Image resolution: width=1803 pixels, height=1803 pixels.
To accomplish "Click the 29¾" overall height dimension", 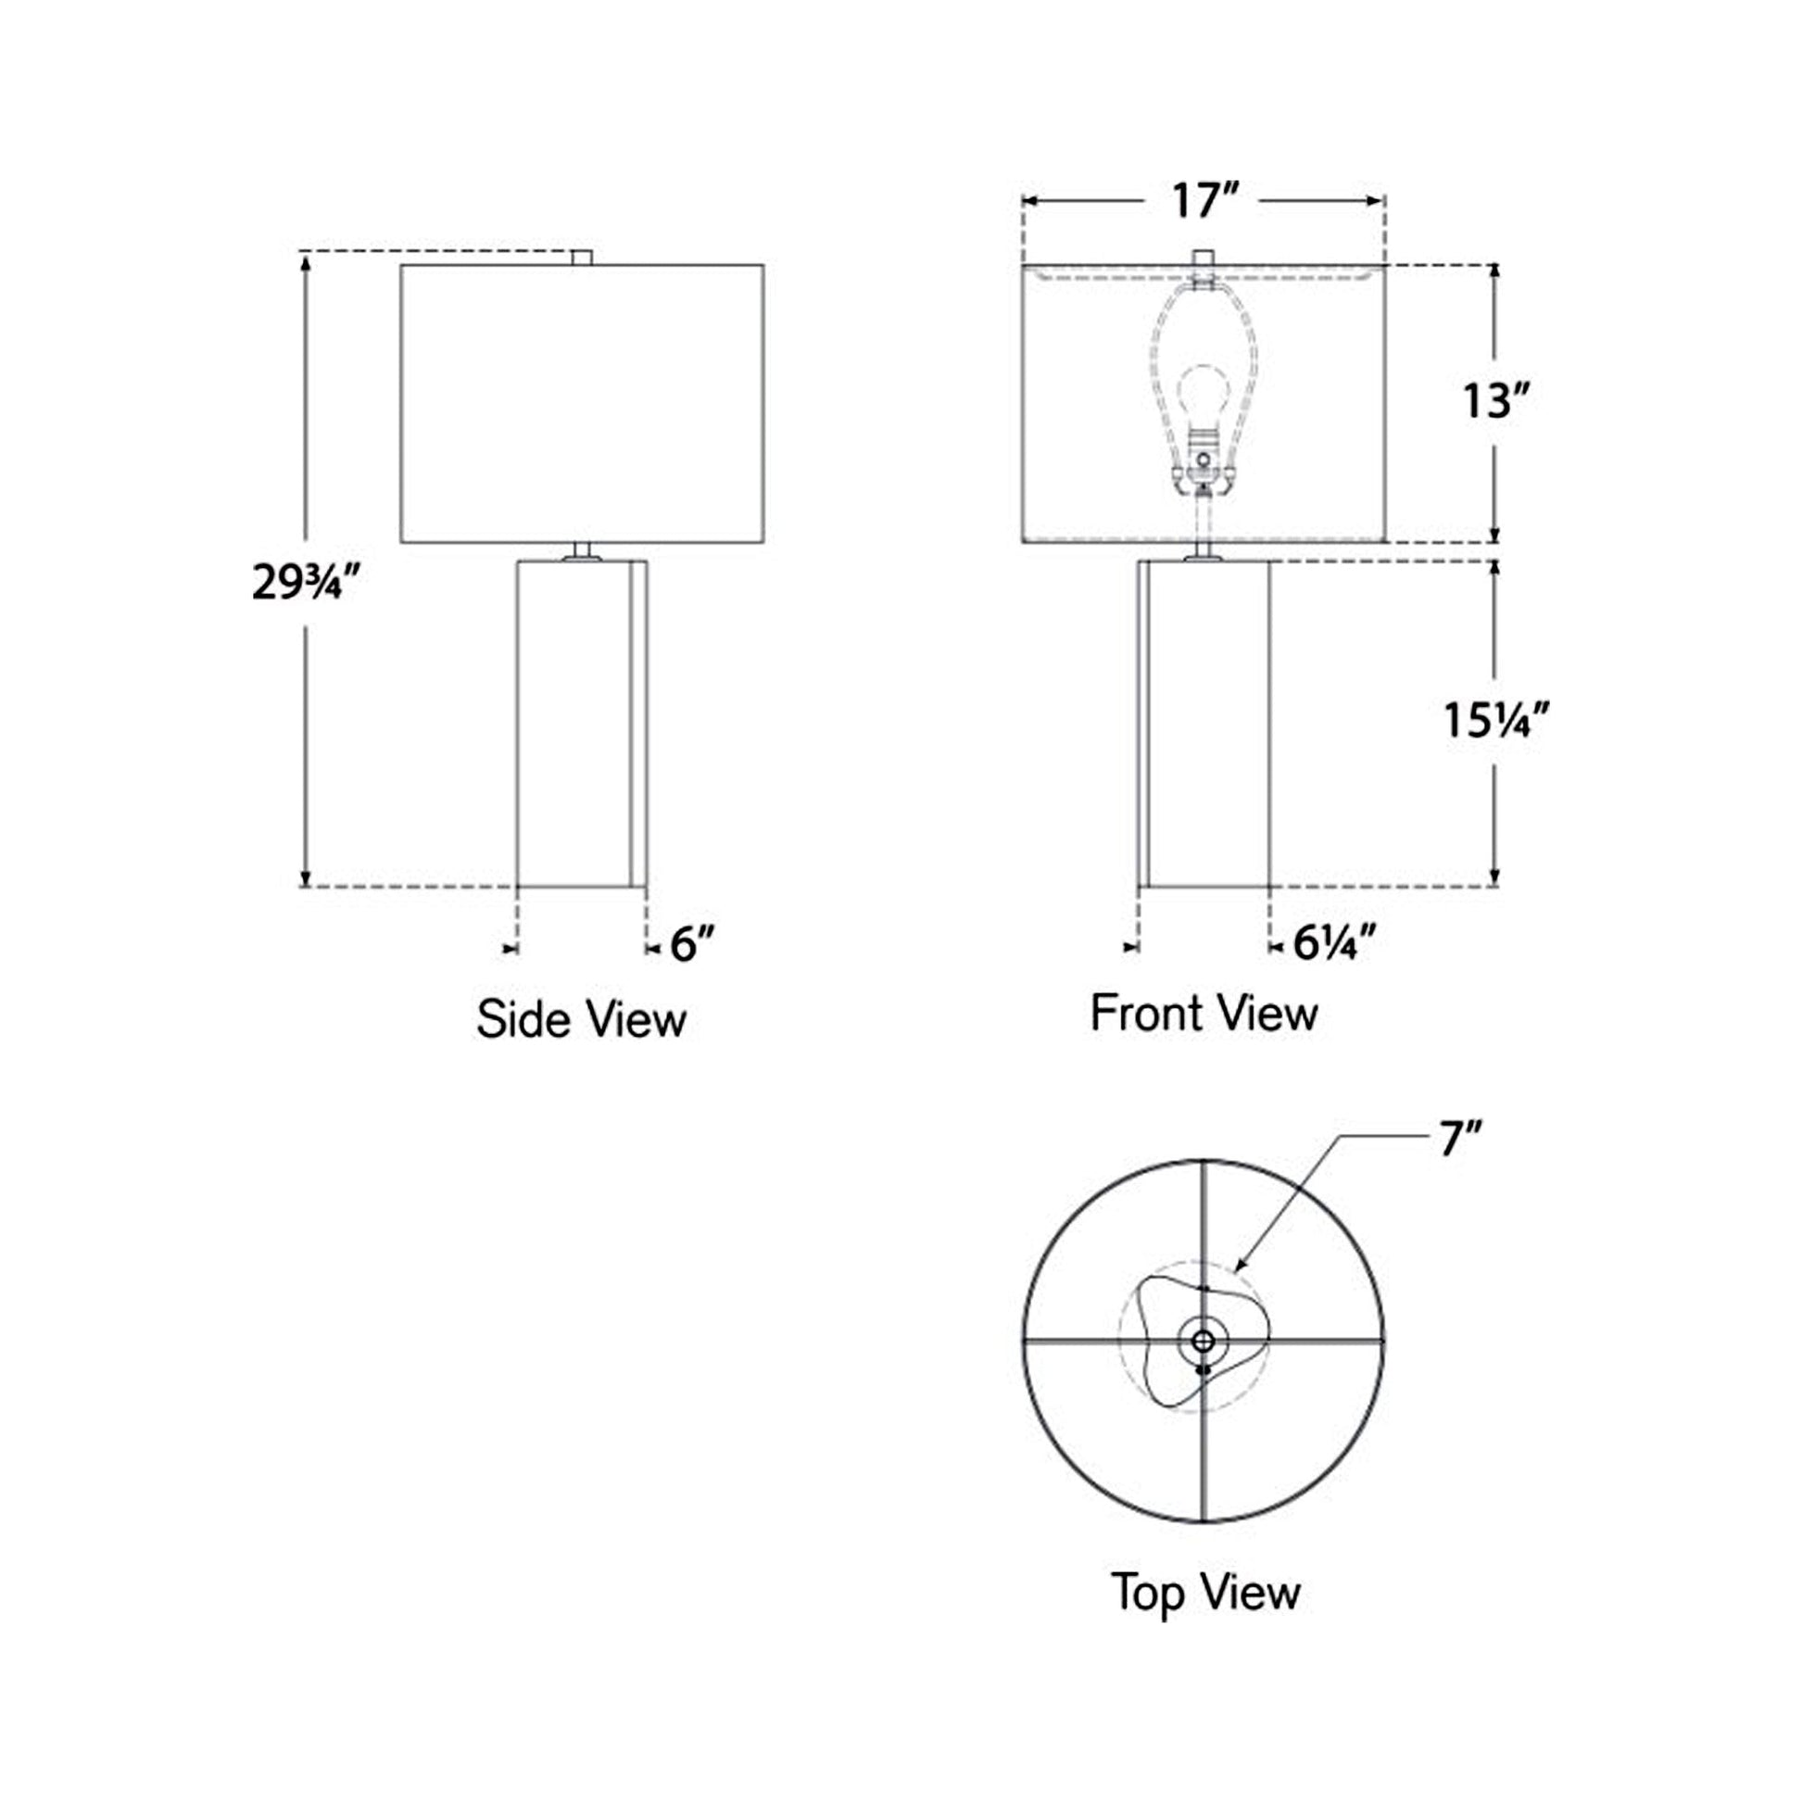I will (x=305, y=584).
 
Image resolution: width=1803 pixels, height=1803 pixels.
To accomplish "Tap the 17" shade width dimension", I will (x=1204, y=202).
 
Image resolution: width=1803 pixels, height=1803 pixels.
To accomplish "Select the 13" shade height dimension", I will (x=1496, y=401).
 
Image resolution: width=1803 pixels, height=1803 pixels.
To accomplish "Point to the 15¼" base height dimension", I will (x=1496, y=720).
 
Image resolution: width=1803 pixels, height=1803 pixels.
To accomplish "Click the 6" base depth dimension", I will (x=692, y=944).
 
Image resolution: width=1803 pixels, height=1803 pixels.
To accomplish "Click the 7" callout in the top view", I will (x=1460, y=1140).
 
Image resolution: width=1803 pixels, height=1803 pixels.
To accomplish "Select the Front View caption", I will (x=1204, y=1013).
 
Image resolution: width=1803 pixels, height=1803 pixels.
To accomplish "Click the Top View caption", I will (x=1204, y=1591).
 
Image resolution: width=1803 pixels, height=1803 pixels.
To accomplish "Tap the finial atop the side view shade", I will (x=583, y=258).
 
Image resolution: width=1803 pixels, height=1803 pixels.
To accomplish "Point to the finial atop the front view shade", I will (x=1204, y=258).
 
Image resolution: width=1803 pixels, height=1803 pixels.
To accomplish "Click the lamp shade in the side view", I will (x=583, y=403).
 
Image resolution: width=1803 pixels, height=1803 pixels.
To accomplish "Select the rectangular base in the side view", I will (x=581, y=724).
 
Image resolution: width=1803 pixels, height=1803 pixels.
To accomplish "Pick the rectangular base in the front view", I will (x=1204, y=724).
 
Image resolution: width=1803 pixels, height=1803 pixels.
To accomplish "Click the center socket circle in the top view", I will (x=1203, y=1342).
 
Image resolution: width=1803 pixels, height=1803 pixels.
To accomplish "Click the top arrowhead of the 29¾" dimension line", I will (x=305, y=260).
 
